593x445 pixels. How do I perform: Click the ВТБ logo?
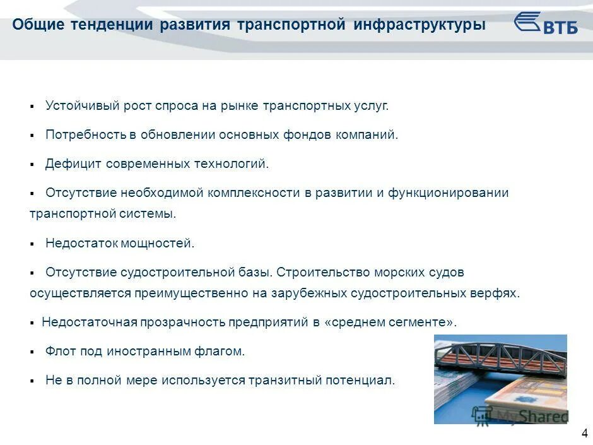546,24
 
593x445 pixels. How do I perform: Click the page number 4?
584,434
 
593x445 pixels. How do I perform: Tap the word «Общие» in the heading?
37,25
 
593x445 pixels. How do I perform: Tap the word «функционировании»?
447,193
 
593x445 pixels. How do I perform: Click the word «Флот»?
59,351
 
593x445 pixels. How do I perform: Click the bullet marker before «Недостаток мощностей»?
32,244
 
